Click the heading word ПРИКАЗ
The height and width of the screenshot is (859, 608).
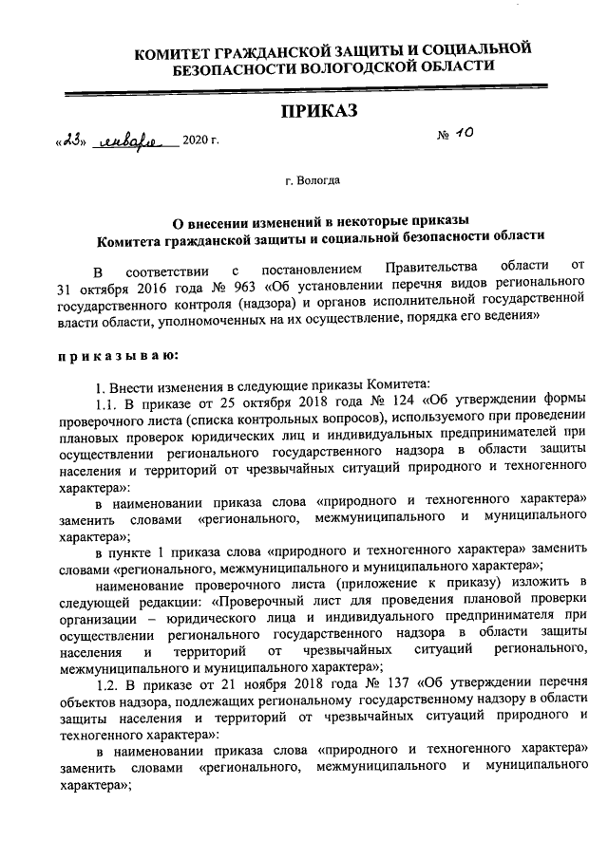[318, 111]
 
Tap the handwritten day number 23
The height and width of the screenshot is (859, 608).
[72, 140]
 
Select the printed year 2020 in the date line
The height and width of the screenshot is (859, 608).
[196, 141]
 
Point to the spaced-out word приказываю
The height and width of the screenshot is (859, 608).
[119, 354]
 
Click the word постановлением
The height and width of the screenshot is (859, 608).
[308, 269]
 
